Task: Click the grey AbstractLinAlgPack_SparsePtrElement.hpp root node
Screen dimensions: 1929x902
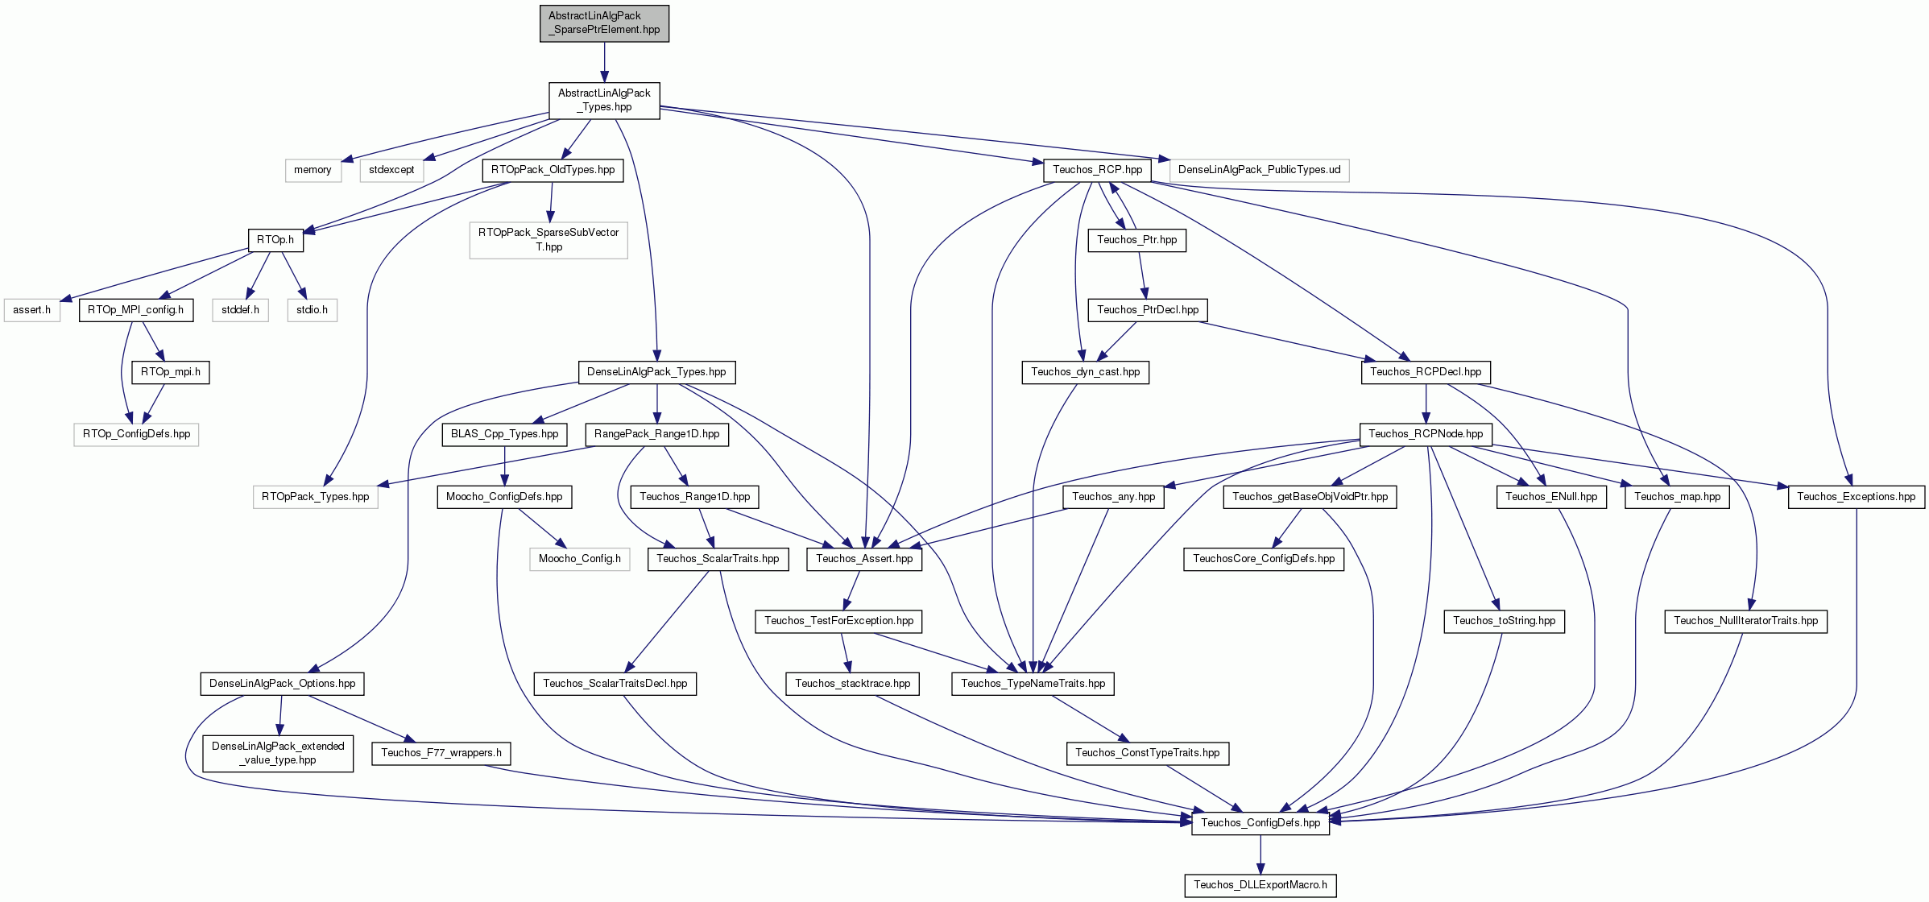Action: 604,23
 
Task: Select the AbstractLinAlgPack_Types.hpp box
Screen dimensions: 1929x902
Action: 604,100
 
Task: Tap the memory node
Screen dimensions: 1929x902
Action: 313,170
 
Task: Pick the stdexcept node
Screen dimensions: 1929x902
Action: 391,170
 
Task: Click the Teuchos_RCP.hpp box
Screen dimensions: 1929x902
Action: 1097,170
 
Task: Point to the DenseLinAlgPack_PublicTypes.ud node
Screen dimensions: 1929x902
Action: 1259,170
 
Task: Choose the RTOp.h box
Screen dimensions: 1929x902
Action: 275,240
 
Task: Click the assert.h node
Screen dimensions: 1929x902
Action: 32,310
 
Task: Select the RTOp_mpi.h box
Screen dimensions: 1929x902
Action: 171,372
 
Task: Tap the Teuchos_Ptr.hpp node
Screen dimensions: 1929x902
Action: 1136,240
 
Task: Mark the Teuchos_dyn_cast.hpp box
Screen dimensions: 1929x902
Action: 1086,372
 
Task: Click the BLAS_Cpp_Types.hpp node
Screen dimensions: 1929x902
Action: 504,434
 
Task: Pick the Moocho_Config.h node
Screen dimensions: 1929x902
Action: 580,559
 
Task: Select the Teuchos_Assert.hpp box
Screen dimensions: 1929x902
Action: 864,559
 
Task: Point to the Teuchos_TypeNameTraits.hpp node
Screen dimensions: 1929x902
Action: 1033,684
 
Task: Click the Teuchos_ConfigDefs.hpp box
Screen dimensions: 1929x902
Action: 1260,823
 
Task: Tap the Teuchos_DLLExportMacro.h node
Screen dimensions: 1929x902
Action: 1260,885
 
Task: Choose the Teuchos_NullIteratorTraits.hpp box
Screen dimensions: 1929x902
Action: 1746,621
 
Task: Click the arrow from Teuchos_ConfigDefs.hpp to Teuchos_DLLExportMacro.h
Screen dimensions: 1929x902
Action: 1260,854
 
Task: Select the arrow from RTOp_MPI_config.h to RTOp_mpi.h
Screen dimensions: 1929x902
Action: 153,341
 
